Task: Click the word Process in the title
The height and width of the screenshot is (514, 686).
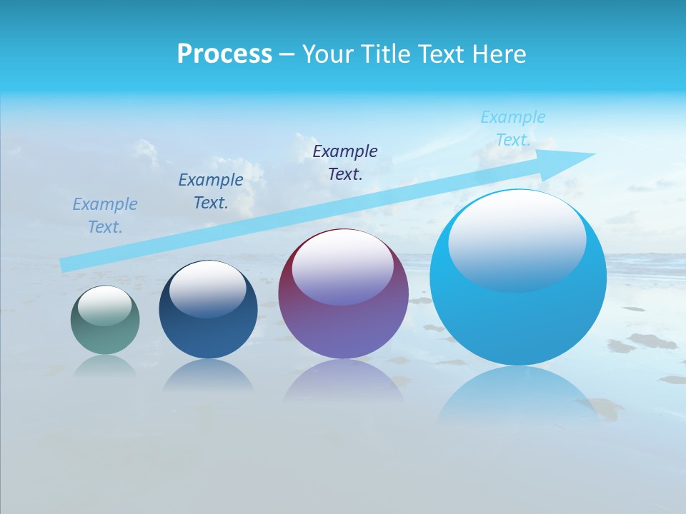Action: pos(224,54)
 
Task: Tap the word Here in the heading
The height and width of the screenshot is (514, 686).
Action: pos(499,54)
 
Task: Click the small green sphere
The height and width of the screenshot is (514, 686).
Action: pos(105,336)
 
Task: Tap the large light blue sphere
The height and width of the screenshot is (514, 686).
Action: pos(518,321)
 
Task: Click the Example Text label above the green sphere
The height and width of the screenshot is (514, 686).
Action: pos(105,216)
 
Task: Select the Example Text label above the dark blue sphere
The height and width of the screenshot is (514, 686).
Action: pos(211,191)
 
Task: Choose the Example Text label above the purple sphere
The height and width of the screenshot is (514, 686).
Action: pos(345,162)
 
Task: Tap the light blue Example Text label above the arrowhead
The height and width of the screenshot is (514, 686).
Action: pos(513,128)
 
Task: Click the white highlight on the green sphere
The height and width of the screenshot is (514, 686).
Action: pos(105,306)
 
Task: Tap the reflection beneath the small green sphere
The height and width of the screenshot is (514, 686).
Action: pos(105,366)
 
